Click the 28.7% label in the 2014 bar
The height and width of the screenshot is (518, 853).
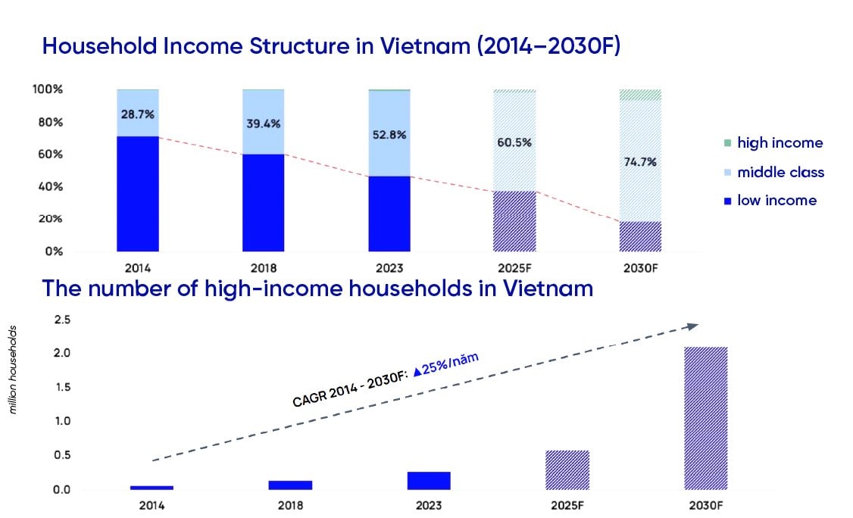(138, 114)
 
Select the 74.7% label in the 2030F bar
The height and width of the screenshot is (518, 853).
(640, 161)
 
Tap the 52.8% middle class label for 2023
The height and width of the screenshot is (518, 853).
(389, 134)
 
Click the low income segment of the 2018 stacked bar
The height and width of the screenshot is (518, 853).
(264, 202)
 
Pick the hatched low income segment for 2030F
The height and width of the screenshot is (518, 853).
(640, 236)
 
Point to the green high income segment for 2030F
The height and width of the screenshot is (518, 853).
(640, 95)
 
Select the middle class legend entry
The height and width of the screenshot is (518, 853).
(774, 173)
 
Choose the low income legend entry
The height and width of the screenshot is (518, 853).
(770, 201)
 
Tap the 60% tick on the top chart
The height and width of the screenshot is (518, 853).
(51, 154)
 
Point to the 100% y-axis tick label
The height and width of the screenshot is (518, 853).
(48, 89)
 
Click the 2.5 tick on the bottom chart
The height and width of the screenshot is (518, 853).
(62, 320)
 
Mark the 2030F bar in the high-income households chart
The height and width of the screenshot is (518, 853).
(706, 418)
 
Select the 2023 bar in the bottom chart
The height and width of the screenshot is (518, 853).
(429, 480)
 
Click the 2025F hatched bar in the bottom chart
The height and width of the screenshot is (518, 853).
(567, 470)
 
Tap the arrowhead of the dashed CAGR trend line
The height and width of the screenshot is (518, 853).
(692, 326)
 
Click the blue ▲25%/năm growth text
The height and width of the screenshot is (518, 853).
(445, 364)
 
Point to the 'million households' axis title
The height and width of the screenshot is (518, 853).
(13, 370)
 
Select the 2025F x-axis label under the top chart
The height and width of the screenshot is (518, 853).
(514, 268)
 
